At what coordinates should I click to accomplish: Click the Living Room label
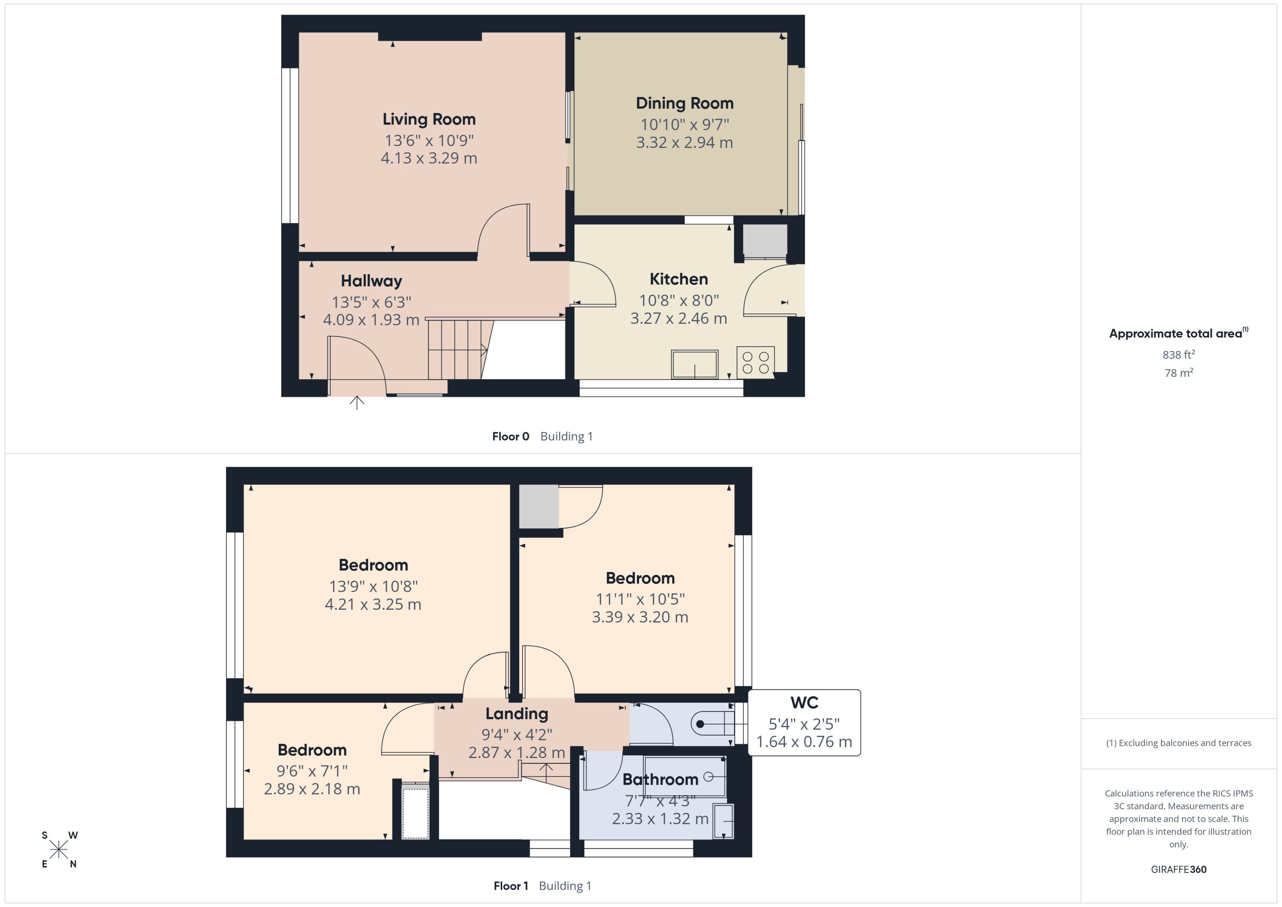click(429, 119)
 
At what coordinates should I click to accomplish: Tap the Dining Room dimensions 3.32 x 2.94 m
click(684, 142)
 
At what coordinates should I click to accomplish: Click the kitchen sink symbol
click(694, 364)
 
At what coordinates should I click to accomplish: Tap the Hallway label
click(371, 281)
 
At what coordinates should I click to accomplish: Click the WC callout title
click(804, 703)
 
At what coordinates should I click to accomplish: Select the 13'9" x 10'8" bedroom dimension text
click(373, 587)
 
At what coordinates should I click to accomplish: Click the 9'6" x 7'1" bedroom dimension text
click(312, 771)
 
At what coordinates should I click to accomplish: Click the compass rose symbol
click(59, 850)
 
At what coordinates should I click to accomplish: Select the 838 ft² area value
click(1178, 355)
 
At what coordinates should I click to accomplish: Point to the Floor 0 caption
click(510, 437)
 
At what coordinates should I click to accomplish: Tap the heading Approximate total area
click(1175, 334)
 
